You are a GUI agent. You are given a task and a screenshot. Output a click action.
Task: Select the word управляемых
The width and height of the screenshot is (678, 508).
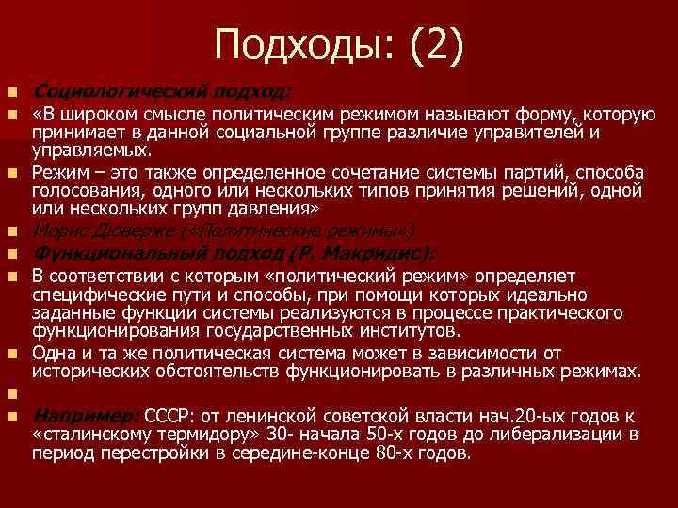coord(90,151)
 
